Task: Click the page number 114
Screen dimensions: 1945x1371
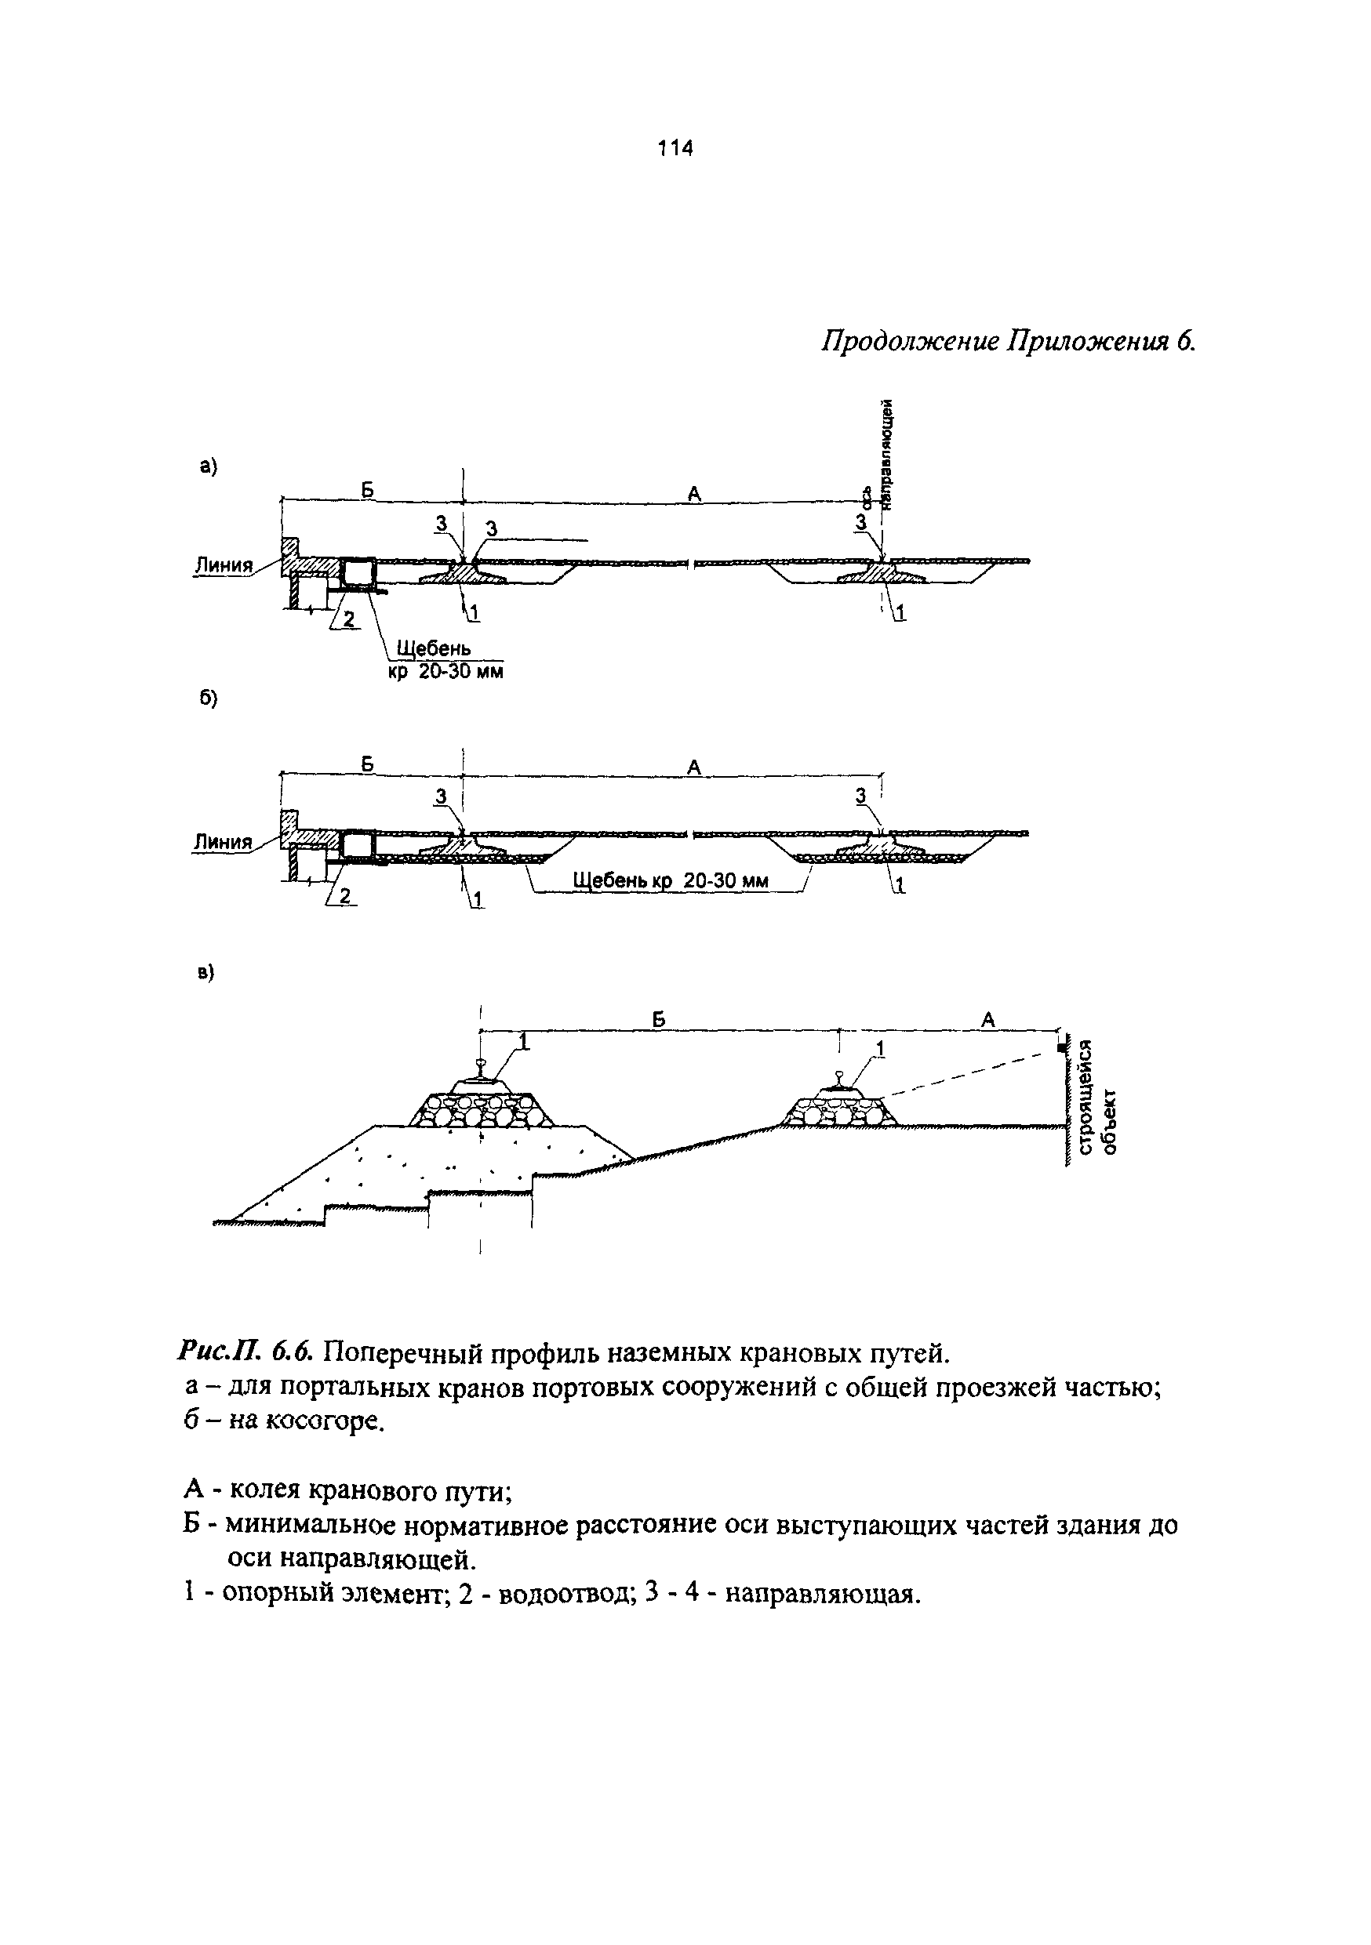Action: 675,149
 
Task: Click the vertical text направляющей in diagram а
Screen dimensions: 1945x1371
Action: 887,453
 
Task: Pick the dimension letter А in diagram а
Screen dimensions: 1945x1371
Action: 694,493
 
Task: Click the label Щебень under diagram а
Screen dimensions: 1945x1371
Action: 433,648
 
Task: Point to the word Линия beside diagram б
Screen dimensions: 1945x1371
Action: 224,842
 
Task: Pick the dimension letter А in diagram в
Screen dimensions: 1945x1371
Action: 987,1020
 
